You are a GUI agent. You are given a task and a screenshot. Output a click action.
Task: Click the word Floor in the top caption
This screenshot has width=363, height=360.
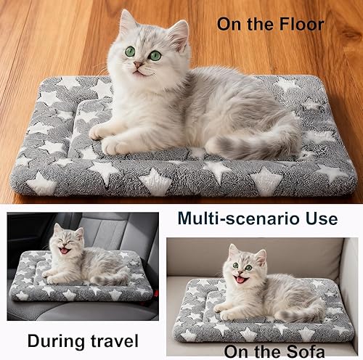[298, 24]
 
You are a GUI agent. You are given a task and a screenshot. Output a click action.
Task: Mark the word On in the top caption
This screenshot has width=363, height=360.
[229, 24]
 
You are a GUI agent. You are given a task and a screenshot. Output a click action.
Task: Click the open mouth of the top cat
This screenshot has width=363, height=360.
[136, 70]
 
